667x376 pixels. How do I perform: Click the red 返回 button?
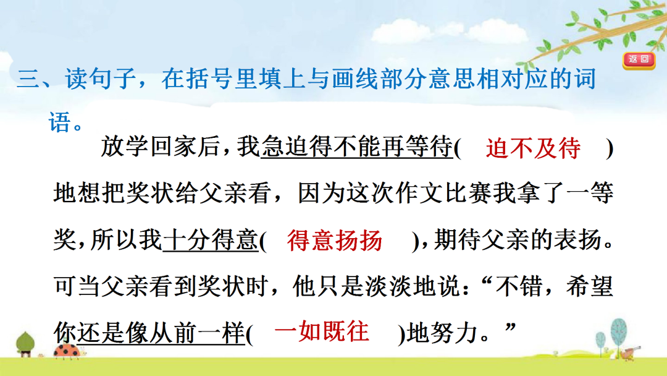pyautogui.click(x=639, y=59)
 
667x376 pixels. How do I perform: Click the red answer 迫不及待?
pyautogui.click(x=534, y=148)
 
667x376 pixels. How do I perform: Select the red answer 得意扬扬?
pyautogui.click(x=335, y=240)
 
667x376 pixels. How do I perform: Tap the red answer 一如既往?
pyautogui.click(x=322, y=331)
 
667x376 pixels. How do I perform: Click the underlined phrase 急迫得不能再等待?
pyautogui.click(x=356, y=147)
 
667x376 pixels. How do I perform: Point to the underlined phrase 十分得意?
pyautogui.click(x=211, y=240)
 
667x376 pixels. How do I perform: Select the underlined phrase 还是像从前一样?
pyautogui.click(x=161, y=332)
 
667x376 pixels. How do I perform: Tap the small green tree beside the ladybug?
pyautogui.click(x=25, y=344)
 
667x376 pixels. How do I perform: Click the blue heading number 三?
pyautogui.click(x=28, y=79)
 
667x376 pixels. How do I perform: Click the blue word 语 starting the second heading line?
pyautogui.click(x=59, y=122)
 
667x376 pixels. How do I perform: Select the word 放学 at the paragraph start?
pyautogui.click(x=125, y=147)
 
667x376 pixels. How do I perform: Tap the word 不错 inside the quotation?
pyautogui.click(x=520, y=286)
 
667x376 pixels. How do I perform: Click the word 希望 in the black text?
pyautogui.click(x=590, y=286)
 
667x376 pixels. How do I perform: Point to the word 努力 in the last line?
pyautogui.click(x=455, y=333)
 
